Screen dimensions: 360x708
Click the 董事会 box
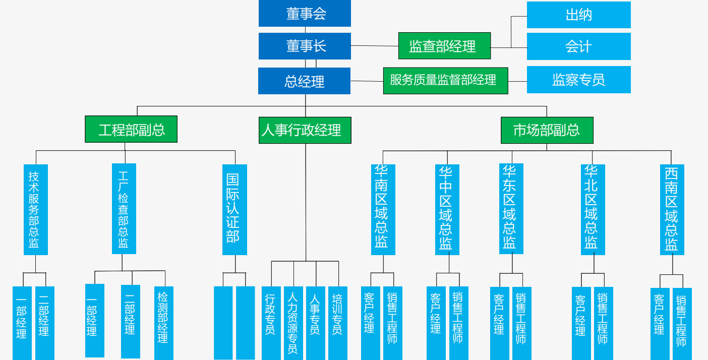305,14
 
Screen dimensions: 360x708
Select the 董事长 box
305,46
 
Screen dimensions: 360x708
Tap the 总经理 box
304,81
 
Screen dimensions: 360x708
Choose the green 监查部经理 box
444,46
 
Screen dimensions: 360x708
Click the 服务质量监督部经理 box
445,81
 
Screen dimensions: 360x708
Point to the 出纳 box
578,15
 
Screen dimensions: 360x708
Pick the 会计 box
578,46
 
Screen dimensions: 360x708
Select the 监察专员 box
578,80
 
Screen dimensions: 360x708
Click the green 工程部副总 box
131,129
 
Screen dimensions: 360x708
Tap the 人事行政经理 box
305,130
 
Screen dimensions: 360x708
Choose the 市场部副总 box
547,130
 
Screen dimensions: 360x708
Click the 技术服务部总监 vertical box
35,209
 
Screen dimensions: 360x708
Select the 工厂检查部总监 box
124,209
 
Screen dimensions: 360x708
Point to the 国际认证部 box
234,209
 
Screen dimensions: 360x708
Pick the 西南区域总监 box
672,209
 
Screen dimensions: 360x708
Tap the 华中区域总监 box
447,209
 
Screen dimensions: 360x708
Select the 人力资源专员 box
293,323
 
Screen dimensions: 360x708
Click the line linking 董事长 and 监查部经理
374,46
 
